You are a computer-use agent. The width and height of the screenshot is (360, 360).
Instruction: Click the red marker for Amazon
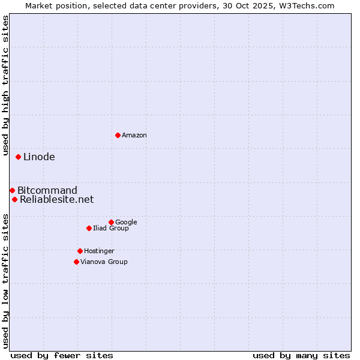point(118,135)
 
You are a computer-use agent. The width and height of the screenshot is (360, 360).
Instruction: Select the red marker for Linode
point(18,157)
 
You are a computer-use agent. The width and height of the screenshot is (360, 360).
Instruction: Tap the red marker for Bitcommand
point(12,190)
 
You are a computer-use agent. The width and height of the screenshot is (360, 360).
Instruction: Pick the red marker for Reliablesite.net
point(14,199)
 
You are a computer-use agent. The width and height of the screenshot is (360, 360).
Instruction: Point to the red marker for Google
point(111,222)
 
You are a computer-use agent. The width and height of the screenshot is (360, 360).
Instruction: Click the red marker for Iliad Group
point(89,228)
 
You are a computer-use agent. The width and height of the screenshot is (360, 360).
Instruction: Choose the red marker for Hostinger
point(80,251)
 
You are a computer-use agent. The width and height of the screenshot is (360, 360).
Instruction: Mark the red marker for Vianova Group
point(76,262)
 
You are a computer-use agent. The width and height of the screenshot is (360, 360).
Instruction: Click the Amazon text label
point(134,136)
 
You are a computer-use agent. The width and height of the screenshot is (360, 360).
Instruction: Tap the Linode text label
point(39,157)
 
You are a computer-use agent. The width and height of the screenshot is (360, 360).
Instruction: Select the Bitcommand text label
point(47,191)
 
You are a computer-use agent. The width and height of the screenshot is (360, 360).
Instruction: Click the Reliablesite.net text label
point(57,200)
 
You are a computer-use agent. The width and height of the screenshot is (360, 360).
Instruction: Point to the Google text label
point(126,223)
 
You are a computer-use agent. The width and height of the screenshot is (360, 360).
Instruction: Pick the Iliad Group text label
point(111,229)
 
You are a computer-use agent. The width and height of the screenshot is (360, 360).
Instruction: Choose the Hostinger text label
point(99,251)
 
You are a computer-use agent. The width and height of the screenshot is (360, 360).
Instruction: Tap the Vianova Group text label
point(104,262)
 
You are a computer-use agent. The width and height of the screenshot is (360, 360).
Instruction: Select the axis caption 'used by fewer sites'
point(62,355)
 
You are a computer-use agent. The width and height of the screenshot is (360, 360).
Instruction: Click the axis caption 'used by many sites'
point(301,355)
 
